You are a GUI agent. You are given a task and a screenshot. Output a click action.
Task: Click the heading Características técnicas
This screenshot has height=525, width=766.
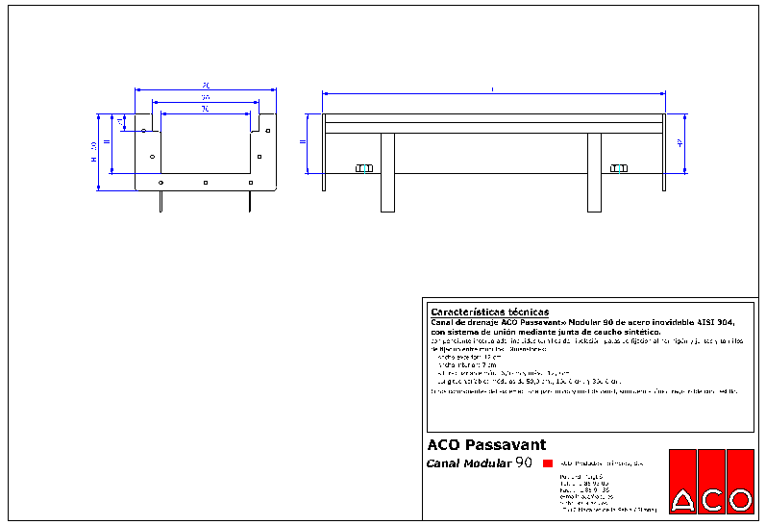click(489, 312)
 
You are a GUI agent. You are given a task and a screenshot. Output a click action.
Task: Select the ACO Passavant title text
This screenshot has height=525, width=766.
click(486, 445)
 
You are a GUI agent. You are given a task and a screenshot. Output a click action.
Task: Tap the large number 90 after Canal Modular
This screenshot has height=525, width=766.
click(524, 462)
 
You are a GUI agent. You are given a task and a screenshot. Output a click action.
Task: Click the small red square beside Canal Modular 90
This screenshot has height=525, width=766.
click(548, 463)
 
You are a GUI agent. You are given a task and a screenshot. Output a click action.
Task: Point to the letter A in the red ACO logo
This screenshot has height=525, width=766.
click(683, 500)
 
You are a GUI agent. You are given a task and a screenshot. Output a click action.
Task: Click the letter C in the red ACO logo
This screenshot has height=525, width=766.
click(712, 500)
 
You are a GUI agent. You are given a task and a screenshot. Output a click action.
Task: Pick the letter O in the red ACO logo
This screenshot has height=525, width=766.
click(739, 500)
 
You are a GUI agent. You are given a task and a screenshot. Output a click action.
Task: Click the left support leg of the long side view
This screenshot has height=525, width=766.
click(387, 172)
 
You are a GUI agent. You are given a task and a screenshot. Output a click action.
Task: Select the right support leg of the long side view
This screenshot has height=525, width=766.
click(594, 172)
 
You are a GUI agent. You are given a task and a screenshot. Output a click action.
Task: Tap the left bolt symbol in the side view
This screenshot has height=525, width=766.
click(363, 169)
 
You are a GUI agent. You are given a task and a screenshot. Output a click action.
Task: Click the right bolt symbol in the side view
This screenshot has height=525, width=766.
click(619, 169)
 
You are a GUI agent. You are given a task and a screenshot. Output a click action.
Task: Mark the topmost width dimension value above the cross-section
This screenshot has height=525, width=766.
click(206, 86)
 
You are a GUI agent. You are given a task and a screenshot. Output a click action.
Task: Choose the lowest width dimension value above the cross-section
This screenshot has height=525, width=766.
click(205, 109)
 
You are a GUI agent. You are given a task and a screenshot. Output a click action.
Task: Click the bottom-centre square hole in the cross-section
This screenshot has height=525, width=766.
click(206, 182)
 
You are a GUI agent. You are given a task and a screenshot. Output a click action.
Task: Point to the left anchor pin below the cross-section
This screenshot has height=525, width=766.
click(161, 200)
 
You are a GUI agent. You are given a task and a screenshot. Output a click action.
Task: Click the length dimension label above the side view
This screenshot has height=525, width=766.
click(493, 89)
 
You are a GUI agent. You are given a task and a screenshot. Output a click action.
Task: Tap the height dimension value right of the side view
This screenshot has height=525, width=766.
click(680, 143)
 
